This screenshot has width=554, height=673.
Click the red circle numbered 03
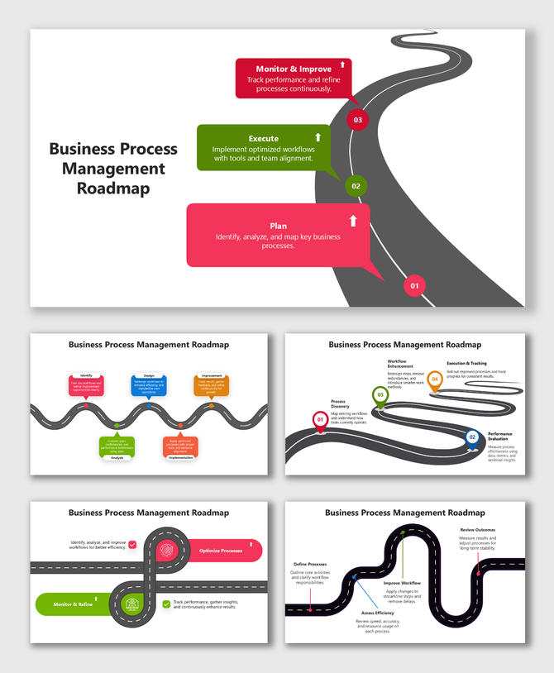click(x=357, y=120)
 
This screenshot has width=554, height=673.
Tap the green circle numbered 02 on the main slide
click(x=356, y=186)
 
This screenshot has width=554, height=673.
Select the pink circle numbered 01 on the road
click(x=414, y=286)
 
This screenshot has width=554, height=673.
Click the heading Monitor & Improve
click(x=294, y=69)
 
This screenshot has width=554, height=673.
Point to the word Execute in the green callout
click(x=263, y=138)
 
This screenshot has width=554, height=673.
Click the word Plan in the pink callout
click(x=278, y=226)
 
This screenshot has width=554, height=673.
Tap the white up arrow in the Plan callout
click(x=353, y=221)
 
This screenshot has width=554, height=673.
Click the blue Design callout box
click(x=149, y=385)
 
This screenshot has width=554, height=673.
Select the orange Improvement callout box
click(x=211, y=384)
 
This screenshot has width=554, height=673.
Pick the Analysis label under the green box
click(x=117, y=457)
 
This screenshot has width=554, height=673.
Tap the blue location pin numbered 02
click(x=472, y=437)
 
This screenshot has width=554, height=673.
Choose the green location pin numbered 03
click(x=380, y=396)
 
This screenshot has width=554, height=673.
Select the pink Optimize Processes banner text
click(x=220, y=550)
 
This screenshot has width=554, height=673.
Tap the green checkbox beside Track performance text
click(x=166, y=604)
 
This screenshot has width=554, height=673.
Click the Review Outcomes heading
click(x=478, y=530)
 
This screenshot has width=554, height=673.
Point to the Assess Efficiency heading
click(x=378, y=613)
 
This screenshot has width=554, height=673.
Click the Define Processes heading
click(x=311, y=564)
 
